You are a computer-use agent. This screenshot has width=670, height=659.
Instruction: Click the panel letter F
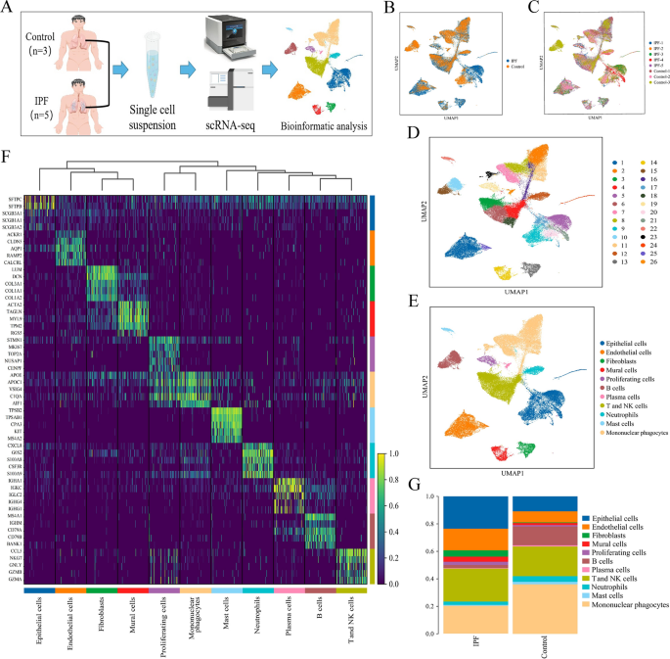click(x=7, y=157)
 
